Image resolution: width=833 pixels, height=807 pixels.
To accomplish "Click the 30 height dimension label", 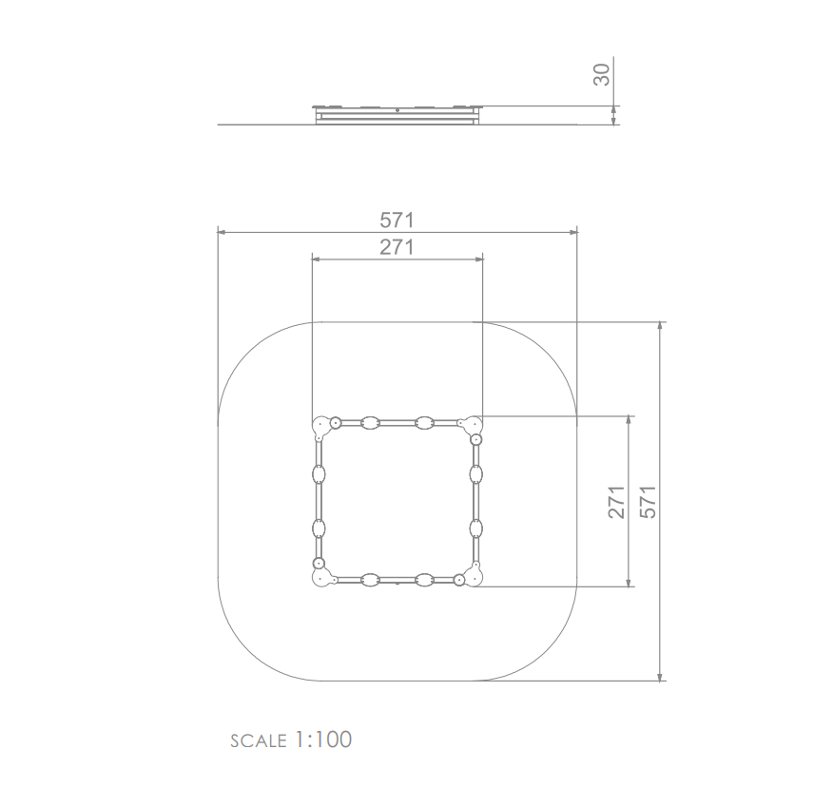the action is (x=602, y=74).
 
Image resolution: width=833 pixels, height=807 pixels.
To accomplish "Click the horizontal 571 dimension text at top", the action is (x=397, y=221).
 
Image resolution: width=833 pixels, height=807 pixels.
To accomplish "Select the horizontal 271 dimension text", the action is (x=397, y=247).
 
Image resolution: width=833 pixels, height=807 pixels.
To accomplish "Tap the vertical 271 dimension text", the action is (x=617, y=502).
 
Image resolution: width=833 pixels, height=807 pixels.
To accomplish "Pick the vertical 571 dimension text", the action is (x=649, y=502).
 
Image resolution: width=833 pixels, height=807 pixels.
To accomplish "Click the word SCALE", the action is (x=259, y=741).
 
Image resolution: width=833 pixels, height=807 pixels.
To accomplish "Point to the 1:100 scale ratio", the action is (x=323, y=740).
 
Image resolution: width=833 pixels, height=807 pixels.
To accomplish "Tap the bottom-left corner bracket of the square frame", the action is (x=322, y=579).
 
